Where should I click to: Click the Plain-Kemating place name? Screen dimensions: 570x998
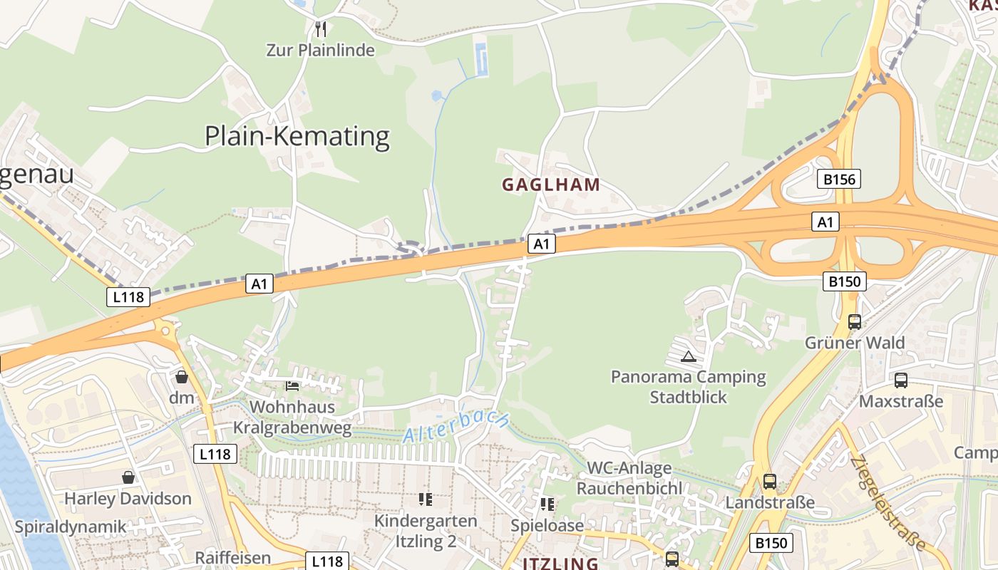pyautogui.click(x=297, y=136)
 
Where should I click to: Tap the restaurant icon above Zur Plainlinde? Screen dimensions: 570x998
pyautogui.click(x=321, y=29)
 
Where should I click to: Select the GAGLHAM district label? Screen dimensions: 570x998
pyautogui.click(x=551, y=185)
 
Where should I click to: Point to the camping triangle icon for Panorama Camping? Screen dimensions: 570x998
pyautogui.click(x=689, y=356)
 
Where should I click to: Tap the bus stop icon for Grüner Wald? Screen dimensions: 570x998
pyautogui.click(x=855, y=322)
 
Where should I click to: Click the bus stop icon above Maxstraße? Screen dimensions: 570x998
pyautogui.click(x=901, y=380)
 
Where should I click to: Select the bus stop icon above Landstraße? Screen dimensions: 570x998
pyautogui.click(x=770, y=482)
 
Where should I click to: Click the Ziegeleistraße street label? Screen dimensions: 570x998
pyautogui.click(x=888, y=503)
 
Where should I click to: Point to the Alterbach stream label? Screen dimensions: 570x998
pyautogui.click(x=456, y=426)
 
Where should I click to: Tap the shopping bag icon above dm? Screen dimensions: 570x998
pyautogui.click(x=182, y=377)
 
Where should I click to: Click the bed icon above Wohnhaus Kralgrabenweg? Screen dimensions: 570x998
pyautogui.click(x=292, y=386)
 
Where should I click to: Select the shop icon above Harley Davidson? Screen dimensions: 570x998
pyautogui.click(x=128, y=477)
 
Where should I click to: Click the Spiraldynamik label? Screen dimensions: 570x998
pyautogui.click(x=71, y=527)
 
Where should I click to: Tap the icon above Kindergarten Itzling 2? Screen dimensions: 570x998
pyautogui.click(x=426, y=499)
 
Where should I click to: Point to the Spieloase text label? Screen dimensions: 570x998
pyautogui.click(x=547, y=526)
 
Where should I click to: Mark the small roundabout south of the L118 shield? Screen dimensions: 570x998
pyautogui.click(x=166, y=331)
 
